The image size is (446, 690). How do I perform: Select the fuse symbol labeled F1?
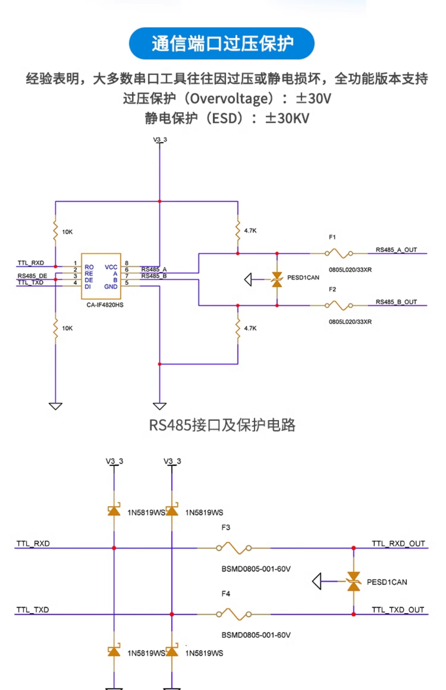pos(339,253)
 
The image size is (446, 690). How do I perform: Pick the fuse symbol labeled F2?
pos(339,305)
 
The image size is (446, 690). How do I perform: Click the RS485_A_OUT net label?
pos(396,250)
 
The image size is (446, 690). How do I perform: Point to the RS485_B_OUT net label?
pos(396,302)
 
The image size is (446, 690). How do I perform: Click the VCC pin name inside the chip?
pos(111,267)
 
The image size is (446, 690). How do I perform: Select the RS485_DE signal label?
pos(32,276)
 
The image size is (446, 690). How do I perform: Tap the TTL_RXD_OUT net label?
pos(398,544)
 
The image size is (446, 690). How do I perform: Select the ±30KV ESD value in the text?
pos(287,118)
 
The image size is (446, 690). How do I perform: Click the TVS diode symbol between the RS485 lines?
pos(277,279)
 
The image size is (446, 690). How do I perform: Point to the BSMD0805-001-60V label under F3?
pos(256,569)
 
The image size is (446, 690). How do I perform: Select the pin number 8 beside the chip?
pos(127,263)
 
